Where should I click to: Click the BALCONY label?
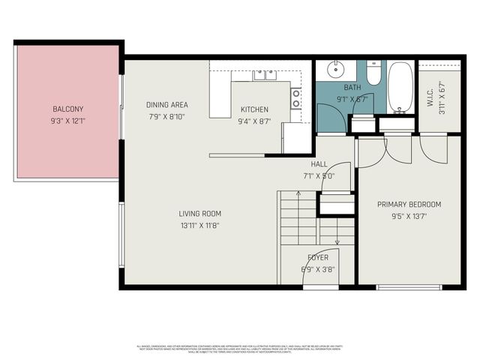(67, 108)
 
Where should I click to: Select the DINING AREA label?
(166, 105)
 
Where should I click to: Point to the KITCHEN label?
(253, 109)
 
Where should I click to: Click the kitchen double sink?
(264, 74)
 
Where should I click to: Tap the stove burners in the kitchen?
(295, 98)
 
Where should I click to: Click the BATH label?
(352, 88)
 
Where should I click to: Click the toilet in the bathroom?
(373, 73)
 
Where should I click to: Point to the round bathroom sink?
(334, 71)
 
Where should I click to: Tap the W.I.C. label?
(430, 98)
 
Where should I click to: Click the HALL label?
(318, 165)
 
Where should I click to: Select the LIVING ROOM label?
(199, 214)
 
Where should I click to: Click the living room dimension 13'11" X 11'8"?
(199, 225)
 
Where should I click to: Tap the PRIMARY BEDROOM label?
(409, 205)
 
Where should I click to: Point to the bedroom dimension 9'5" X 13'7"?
(409, 216)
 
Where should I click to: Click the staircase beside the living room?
(298, 219)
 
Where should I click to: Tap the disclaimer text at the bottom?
(240, 349)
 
